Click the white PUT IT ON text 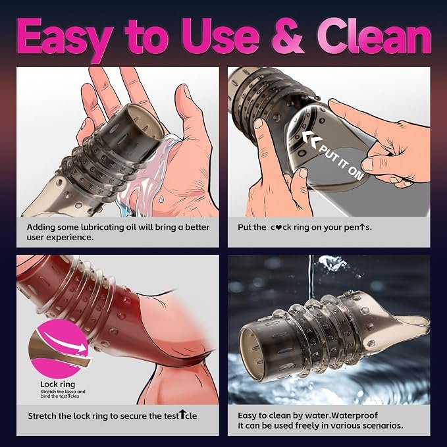coord(341,163)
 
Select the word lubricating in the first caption coord(103,228)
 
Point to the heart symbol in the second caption coord(280,228)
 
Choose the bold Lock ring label coord(57,384)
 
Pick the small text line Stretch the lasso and coord(63,392)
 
